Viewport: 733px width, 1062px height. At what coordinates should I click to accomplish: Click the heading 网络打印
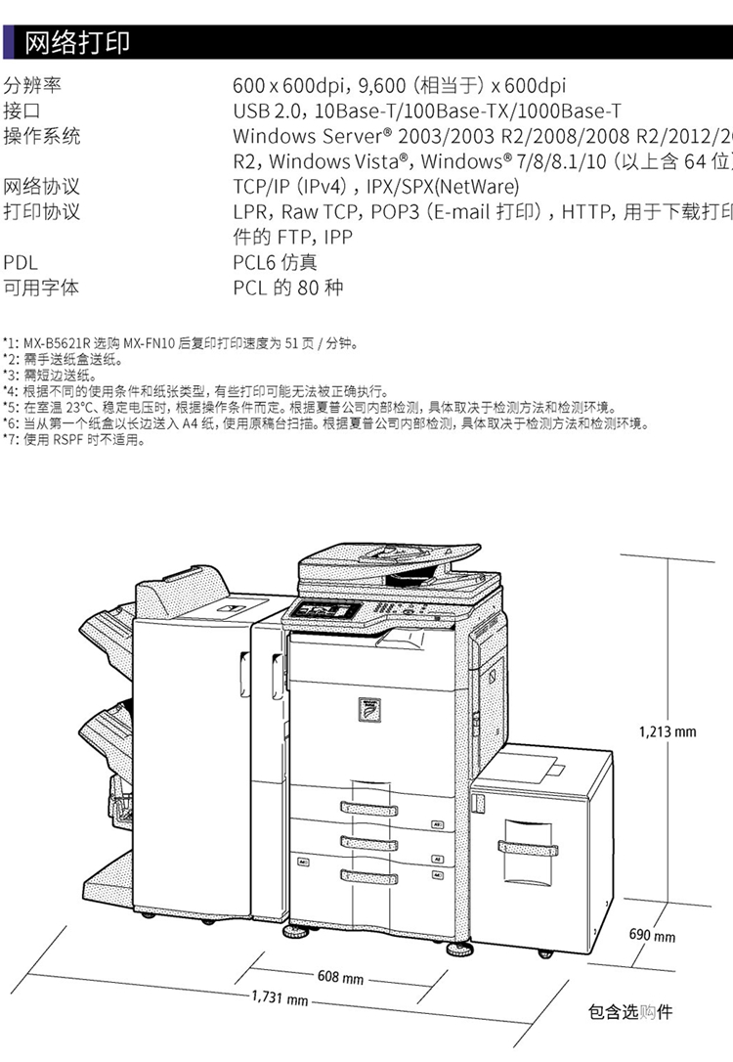(x=76, y=43)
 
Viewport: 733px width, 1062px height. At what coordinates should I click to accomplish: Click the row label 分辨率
(x=31, y=86)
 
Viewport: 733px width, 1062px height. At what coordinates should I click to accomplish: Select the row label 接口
(x=22, y=111)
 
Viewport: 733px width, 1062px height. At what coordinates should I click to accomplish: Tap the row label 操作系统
(x=41, y=136)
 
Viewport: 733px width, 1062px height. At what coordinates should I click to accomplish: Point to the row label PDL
(x=21, y=262)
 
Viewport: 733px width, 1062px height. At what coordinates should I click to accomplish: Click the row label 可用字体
(x=41, y=288)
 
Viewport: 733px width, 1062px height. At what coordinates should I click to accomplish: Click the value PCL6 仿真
(x=275, y=262)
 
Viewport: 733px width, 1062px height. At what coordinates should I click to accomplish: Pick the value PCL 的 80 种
(x=288, y=288)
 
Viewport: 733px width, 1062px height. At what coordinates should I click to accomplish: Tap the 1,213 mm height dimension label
(x=668, y=730)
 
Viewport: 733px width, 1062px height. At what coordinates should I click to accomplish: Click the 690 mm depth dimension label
(x=651, y=936)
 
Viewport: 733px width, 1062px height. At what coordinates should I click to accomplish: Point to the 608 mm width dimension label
(x=340, y=977)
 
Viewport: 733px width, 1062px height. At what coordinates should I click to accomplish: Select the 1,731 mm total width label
(x=280, y=998)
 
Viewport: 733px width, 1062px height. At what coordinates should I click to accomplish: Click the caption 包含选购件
(x=630, y=1012)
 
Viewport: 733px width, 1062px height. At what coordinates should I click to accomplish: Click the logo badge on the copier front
(x=370, y=708)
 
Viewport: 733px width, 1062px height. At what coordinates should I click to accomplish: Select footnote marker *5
(x=10, y=407)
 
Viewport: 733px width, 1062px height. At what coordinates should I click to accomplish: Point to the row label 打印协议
(x=41, y=211)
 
